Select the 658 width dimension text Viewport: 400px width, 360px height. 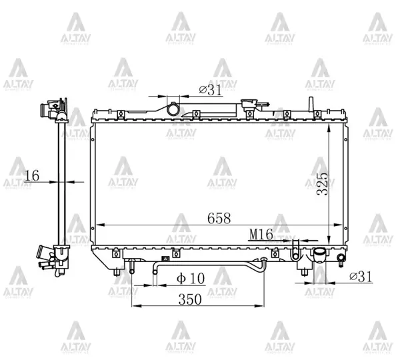pyautogui.click(x=219, y=217)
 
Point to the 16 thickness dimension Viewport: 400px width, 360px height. pyautogui.click(x=31, y=175)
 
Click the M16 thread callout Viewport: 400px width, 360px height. pyautogui.click(x=262, y=234)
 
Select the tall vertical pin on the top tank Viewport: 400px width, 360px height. pyautogui.click(x=310, y=105)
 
